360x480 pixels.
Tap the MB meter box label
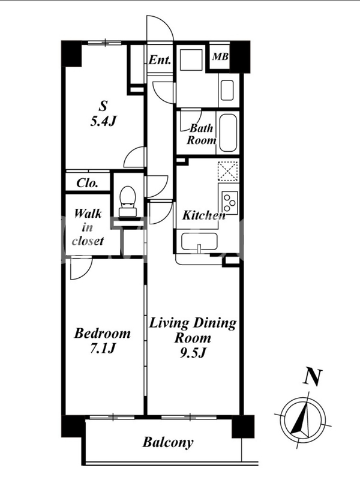point(220,56)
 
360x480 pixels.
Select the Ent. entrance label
point(160,59)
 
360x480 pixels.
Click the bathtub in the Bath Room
point(228,133)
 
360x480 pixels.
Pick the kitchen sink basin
point(199,242)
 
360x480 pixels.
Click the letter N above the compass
point(313,377)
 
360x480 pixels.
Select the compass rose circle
point(304,419)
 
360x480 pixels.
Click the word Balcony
point(168,442)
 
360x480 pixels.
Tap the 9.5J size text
point(192,353)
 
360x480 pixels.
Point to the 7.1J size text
point(102,349)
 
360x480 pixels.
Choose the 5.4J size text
point(103,122)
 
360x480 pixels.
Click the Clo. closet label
point(87,183)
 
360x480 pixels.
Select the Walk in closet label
point(88,227)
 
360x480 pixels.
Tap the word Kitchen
point(204,215)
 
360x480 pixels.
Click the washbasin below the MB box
point(227,90)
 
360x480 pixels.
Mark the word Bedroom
point(102,334)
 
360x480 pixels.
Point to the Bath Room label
point(202,134)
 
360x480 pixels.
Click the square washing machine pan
point(191,61)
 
